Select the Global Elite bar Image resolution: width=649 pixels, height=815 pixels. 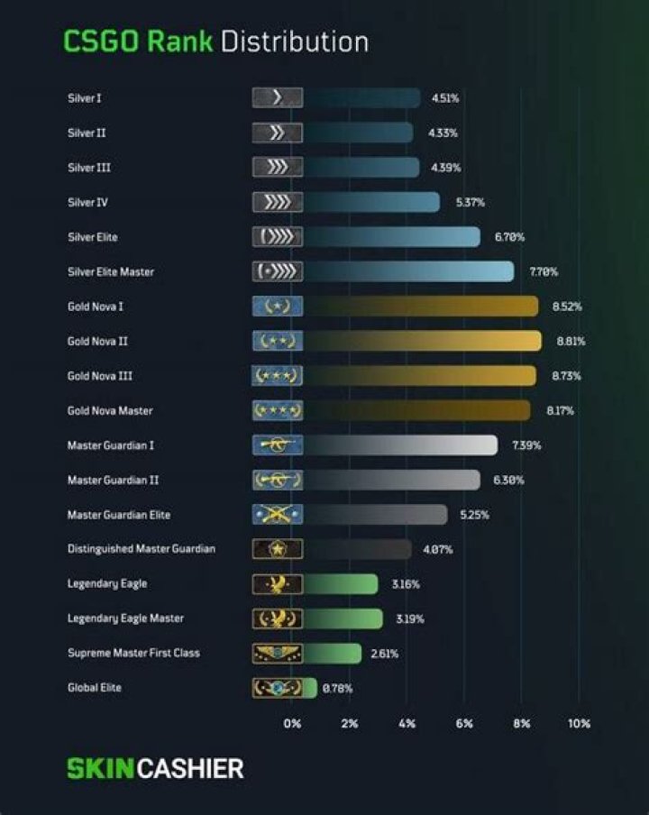310,688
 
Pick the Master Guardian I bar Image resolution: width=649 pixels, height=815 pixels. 400,445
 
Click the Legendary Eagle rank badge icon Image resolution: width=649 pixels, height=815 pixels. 277,584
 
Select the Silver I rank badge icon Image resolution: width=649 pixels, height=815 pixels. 277,98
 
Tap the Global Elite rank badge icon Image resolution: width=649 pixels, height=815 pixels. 277,688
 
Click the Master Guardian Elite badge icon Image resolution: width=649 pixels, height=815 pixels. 277,515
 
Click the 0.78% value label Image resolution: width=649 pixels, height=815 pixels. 337,689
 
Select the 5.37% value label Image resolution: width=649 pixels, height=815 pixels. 470,203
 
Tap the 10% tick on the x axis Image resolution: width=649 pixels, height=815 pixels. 579,723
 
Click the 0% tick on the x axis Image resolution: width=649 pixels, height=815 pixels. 292,723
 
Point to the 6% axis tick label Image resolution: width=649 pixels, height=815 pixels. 464,723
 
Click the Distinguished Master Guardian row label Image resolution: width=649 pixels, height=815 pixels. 141,549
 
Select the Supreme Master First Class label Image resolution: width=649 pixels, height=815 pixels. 133,653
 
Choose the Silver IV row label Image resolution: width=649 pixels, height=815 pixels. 87,203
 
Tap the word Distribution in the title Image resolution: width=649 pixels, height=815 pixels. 294,41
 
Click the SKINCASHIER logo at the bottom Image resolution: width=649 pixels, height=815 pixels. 155,769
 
